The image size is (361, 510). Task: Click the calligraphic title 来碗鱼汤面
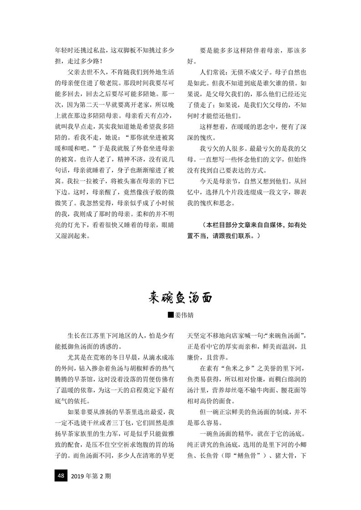click(x=180, y=298)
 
